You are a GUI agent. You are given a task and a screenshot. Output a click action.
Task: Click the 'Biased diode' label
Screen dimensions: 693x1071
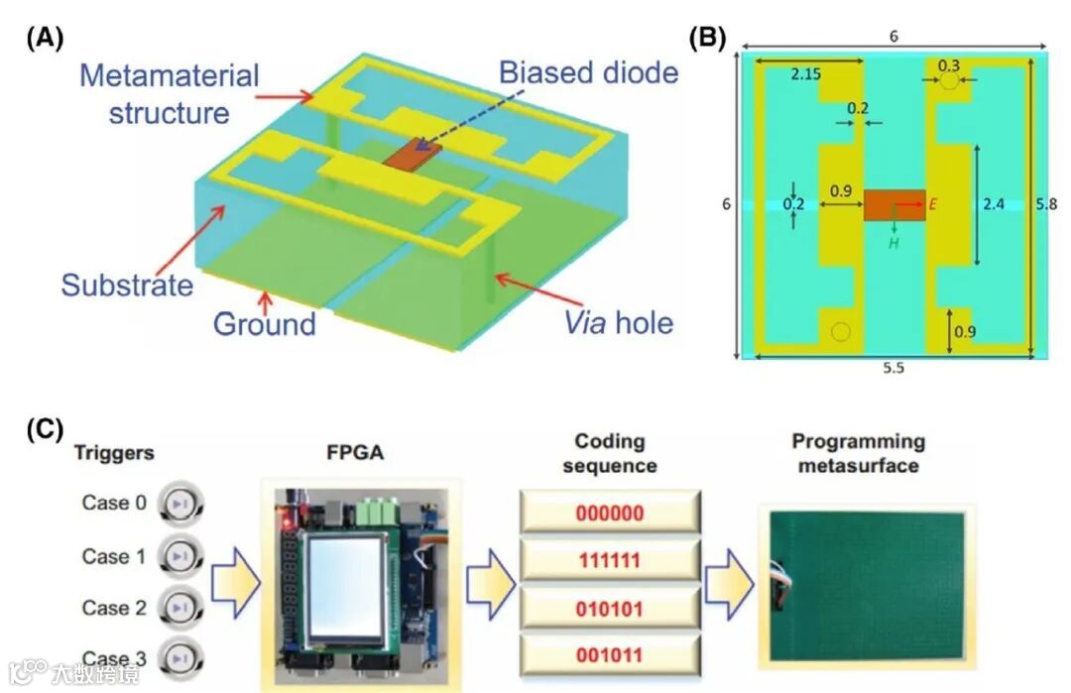tap(588, 72)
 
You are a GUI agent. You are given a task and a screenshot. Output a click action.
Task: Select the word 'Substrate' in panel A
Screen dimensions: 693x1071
tap(126, 285)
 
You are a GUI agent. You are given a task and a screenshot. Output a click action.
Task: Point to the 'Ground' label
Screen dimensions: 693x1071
tap(265, 324)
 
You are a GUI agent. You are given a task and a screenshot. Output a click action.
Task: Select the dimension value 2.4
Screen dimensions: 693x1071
tap(995, 204)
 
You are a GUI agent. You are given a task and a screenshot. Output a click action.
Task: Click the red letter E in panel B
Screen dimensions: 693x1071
tap(933, 204)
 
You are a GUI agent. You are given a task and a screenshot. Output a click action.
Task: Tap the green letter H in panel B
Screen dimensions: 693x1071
tap(893, 242)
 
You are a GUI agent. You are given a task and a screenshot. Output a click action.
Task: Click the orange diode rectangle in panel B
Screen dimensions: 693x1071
tap(893, 205)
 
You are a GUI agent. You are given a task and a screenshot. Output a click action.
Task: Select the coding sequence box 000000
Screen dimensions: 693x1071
tap(610, 514)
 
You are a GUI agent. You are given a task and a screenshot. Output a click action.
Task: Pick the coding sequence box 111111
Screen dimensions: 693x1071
tap(610, 561)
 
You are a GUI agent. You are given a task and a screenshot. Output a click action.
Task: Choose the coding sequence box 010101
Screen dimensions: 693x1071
tap(610, 608)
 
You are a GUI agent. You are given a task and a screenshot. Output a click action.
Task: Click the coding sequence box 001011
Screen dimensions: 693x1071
tap(610, 654)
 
